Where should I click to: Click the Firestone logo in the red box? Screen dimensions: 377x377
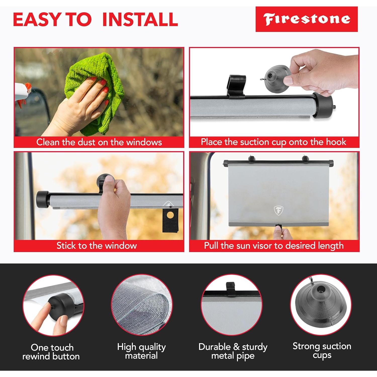[x=306, y=19]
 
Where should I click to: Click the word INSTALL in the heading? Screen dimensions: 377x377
[x=140, y=19]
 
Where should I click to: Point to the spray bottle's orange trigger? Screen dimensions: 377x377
[x=28, y=88]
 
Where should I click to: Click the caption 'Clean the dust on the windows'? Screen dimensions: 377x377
[x=99, y=142]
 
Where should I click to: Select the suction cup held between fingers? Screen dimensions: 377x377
[x=276, y=78]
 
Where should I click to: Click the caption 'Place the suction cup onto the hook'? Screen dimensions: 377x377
[x=273, y=142]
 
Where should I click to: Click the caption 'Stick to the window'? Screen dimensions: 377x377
[x=97, y=246]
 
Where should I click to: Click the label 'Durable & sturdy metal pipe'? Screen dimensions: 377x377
[x=233, y=351]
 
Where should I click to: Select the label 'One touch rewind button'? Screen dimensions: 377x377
[x=51, y=352]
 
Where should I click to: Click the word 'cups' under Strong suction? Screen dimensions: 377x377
[x=322, y=355]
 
